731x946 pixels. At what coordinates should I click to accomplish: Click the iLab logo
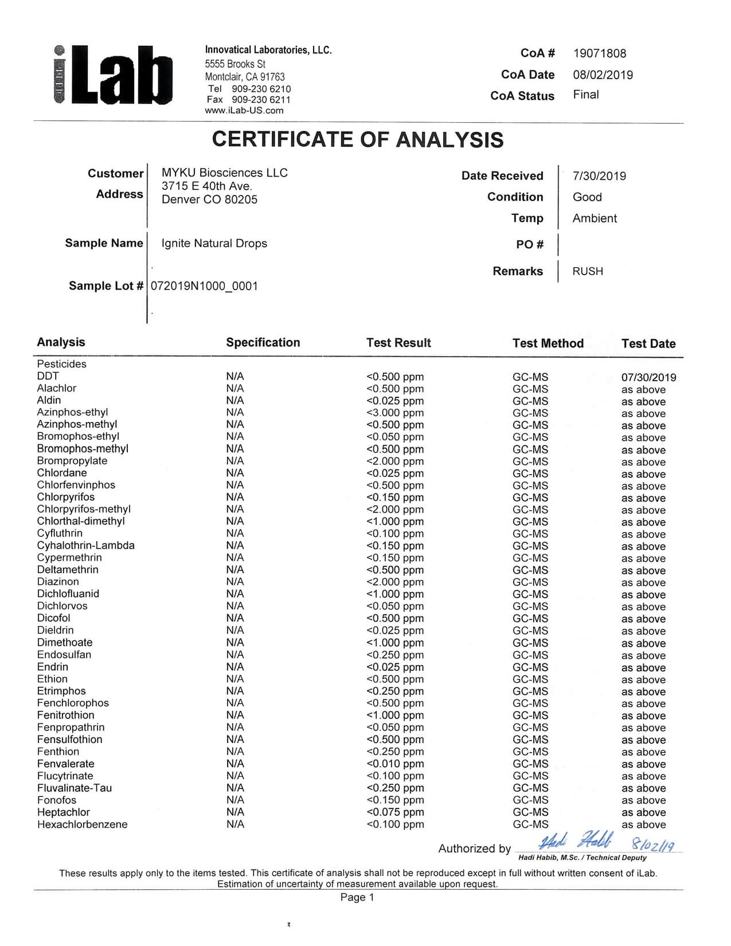pos(114,75)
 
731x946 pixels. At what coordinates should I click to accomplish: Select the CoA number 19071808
pos(599,53)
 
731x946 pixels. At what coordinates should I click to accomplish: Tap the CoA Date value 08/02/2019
pos(603,75)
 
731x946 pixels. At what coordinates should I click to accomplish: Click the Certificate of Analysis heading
pos(358,139)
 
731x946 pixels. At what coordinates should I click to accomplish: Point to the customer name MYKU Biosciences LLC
pos(224,173)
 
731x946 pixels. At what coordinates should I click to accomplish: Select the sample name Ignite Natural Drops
pos(214,243)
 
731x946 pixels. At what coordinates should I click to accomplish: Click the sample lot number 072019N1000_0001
pos(204,286)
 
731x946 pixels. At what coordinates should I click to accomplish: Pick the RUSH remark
pos(588,271)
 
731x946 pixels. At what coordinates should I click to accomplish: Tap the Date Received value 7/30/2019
pos(599,176)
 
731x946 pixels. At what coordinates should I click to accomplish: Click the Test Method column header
pos(548,343)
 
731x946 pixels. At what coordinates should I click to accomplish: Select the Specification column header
pos(263,342)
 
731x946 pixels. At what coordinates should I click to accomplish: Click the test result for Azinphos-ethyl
pos(395,413)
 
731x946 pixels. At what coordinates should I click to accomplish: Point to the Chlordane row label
pos(62,473)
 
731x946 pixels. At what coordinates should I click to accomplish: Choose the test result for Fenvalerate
pos(395,764)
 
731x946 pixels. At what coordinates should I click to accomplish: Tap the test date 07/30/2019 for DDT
pos(648,377)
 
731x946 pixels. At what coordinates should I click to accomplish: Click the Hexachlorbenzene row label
pos(82,824)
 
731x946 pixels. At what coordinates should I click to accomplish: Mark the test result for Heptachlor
pos(395,812)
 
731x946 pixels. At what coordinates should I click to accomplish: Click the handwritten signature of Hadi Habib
pos(576,842)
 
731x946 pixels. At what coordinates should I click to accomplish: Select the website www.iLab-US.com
pos(244,111)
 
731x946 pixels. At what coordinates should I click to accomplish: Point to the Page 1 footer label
pos(357,897)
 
